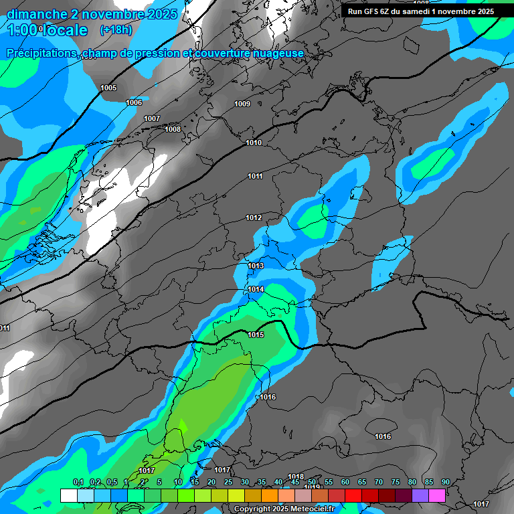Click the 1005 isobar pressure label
tap(108, 88)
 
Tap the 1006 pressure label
tap(134, 102)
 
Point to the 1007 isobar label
tap(152, 118)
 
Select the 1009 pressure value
tap(242, 104)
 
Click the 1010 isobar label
tap(254, 143)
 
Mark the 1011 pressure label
tap(255, 177)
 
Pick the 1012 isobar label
tap(254, 218)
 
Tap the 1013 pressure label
tap(256, 266)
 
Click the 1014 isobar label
tap(256, 290)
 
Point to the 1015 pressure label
tap(256, 335)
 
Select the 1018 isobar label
tap(296, 477)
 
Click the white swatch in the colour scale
tap(68, 495)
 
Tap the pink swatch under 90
tap(437, 495)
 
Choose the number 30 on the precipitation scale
tap(245, 483)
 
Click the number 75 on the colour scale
tap(396, 483)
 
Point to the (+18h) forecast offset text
tap(116, 29)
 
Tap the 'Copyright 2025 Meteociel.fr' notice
tap(284, 509)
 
